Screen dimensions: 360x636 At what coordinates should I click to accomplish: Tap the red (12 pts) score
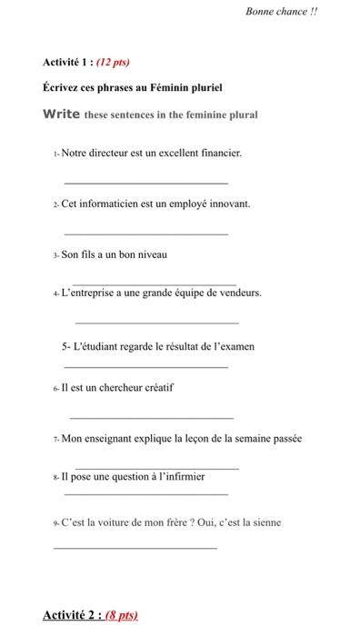pyautogui.click(x=113, y=63)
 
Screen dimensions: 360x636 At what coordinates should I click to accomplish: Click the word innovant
pyautogui.click(x=227, y=204)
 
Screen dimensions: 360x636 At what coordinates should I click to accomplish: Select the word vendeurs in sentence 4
pyautogui.click(x=239, y=293)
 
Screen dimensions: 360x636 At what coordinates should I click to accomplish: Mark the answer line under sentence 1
pyautogui.click(x=152, y=184)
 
